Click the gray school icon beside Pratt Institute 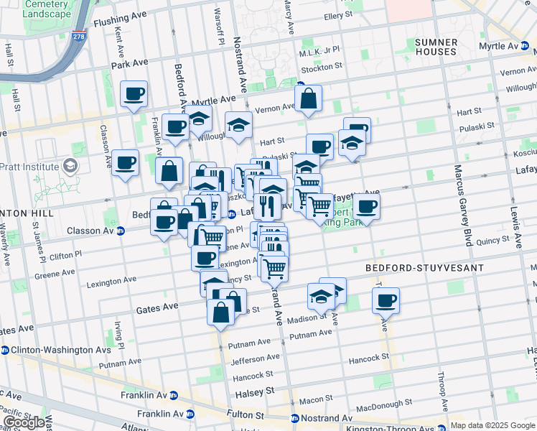click(70, 167)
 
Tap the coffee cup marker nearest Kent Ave click(134, 93)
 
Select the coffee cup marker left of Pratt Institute click(125, 162)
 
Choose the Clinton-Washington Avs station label click(50, 351)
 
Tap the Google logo click(24, 422)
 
